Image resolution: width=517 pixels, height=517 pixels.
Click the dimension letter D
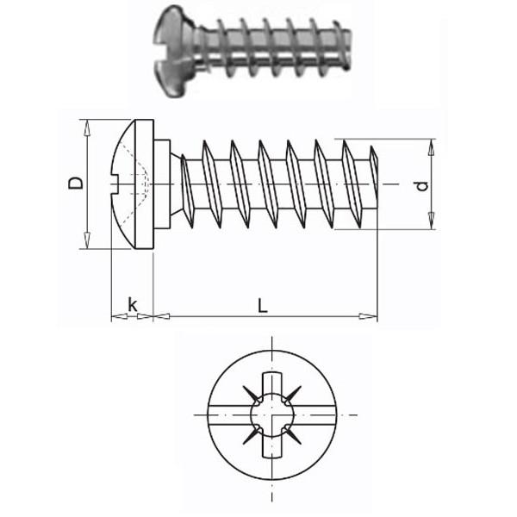[x=76, y=183]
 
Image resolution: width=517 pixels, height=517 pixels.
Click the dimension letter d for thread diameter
[x=420, y=186]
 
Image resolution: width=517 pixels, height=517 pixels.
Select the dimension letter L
[x=264, y=304]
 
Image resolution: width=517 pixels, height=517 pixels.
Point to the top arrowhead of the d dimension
[x=428, y=143]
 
